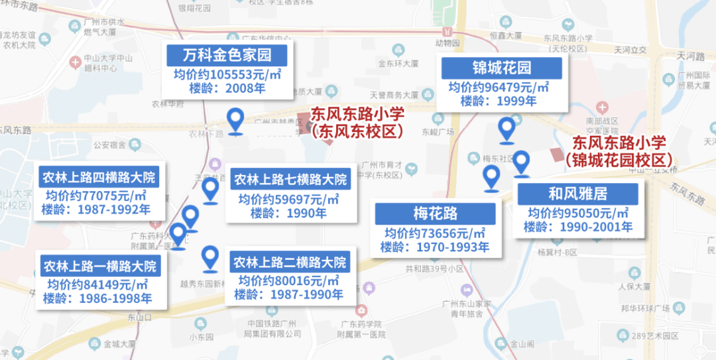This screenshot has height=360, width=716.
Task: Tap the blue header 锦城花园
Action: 502,68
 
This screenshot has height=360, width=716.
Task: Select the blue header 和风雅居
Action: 577,194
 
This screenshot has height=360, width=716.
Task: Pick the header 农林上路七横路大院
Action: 290,179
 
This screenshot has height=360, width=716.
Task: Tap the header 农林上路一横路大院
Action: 99,266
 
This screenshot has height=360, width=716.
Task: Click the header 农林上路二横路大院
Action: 290,261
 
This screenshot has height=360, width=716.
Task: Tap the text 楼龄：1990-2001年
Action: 578,227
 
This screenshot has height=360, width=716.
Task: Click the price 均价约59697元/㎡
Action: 289,198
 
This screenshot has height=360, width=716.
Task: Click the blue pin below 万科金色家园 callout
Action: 235,121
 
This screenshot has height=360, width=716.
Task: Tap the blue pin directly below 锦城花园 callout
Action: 507,130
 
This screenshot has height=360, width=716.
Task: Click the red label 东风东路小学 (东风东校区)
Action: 357,123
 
